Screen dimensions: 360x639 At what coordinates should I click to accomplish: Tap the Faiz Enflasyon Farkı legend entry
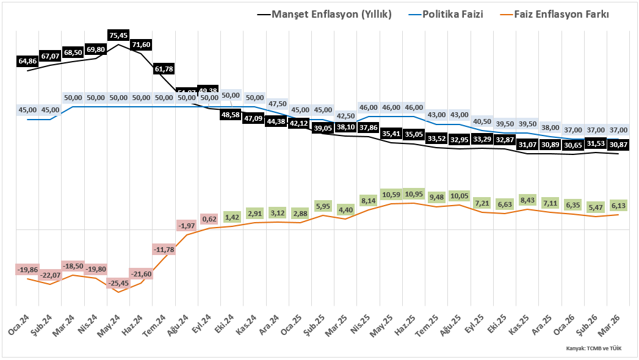pyautogui.click(x=561, y=14)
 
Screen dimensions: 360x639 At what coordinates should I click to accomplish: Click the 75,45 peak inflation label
pyautogui.click(x=118, y=36)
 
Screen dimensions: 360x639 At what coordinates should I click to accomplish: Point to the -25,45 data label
pyautogui.click(x=118, y=283)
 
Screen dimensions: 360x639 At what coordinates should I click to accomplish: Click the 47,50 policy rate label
pyautogui.click(x=277, y=104)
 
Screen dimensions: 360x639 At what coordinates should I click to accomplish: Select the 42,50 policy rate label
pyautogui.click(x=345, y=116)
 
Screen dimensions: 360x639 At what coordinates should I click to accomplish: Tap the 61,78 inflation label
pyautogui.click(x=164, y=69)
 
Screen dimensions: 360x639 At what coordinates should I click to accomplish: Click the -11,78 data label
pyautogui.click(x=164, y=250)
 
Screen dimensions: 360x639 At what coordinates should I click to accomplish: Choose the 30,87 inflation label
pyautogui.click(x=618, y=145)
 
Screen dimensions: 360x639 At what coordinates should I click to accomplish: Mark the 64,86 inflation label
pyautogui.click(x=28, y=61)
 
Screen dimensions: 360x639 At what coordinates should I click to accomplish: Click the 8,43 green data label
pyautogui.click(x=527, y=200)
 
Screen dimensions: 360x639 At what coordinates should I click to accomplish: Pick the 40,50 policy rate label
pyautogui.click(x=482, y=121)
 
